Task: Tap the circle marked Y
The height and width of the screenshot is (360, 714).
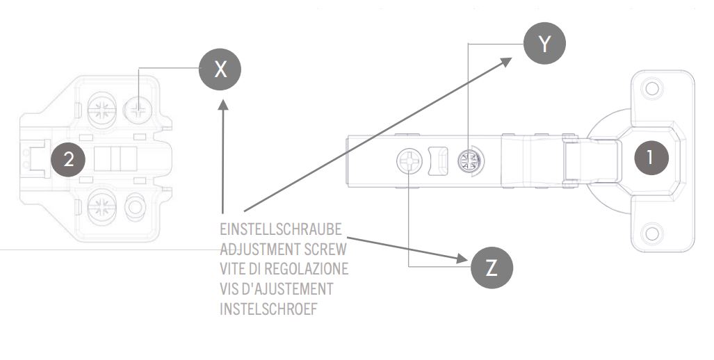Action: click(x=544, y=44)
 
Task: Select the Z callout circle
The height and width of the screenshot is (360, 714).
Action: click(x=492, y=268)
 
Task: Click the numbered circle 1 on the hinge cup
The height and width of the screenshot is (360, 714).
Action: click(x=650, y=157)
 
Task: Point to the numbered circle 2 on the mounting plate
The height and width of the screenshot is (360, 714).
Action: click(x=68, y=159)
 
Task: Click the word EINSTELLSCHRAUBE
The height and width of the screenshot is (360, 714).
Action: click(x=281, y=229)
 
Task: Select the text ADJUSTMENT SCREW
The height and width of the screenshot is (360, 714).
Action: click(x=283, y=249)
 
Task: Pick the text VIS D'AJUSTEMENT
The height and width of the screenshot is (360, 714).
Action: click(x=276, y=288)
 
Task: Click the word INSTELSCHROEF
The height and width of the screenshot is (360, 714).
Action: click(x=268, y=308)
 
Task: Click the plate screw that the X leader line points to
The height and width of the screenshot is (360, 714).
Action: click(x=139, y=109)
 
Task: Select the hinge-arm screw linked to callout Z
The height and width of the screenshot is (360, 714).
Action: click(x=409, y=162)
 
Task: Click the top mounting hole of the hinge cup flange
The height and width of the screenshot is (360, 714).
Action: click(x=651, y=89)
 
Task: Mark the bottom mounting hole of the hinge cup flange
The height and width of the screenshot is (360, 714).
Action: click(x=651, y=232)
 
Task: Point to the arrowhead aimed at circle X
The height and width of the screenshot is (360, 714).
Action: click(x=222, y=105)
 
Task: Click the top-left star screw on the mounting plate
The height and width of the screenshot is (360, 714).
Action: click(x=102, y=109)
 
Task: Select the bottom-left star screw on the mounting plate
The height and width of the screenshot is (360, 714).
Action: click(x=102, y=206)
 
